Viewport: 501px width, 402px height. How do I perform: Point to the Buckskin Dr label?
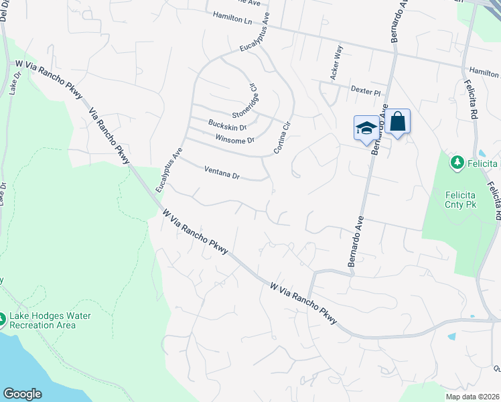coord(228,125)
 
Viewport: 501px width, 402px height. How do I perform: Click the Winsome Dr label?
coord(235,139)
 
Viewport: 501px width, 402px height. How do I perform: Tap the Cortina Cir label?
coord(282,134)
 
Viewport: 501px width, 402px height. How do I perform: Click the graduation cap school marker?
coord(366,127)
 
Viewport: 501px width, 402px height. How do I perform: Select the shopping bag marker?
coord(397,122)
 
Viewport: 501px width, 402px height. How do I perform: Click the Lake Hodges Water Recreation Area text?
coord(50,320)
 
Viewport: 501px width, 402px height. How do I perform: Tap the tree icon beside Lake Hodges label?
coord(3,320)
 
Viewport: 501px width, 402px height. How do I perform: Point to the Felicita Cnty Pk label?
coord(461,199)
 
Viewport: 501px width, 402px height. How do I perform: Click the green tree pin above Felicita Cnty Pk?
coord(457,161)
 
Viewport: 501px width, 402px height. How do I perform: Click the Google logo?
coord(22,393)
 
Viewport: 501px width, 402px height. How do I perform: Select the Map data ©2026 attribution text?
coord(473,397)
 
